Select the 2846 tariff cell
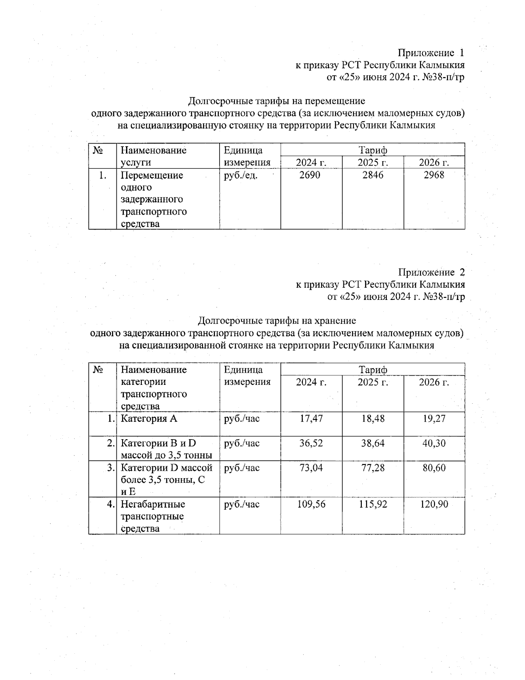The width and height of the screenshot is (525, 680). (x=373, y=175)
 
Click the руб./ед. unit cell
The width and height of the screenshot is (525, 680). (x=240, y=176)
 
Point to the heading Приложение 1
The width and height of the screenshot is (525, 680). (x=430, y=53)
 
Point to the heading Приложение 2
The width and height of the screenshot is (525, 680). (x=431, y=272)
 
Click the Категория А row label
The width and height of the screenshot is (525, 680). (x=149, y=419)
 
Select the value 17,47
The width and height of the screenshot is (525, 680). (x=311, y=419)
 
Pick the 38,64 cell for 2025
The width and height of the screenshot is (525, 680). (x=373, y=443)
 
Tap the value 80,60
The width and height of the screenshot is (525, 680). (x=434, y=468)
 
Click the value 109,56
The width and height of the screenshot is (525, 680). (x=311, y=504)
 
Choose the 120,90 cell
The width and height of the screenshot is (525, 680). (x=434, y=504)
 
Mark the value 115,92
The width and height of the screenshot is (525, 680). (x=373, y=504)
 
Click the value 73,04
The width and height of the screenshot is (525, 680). (x=311, y=468)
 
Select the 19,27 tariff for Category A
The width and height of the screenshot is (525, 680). (x=434, y=419)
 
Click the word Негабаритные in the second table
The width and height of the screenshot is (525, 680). (x=153, y=504)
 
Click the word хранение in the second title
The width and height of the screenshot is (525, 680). (x=336, y=321)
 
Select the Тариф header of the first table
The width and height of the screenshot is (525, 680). (x=373, y=150)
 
